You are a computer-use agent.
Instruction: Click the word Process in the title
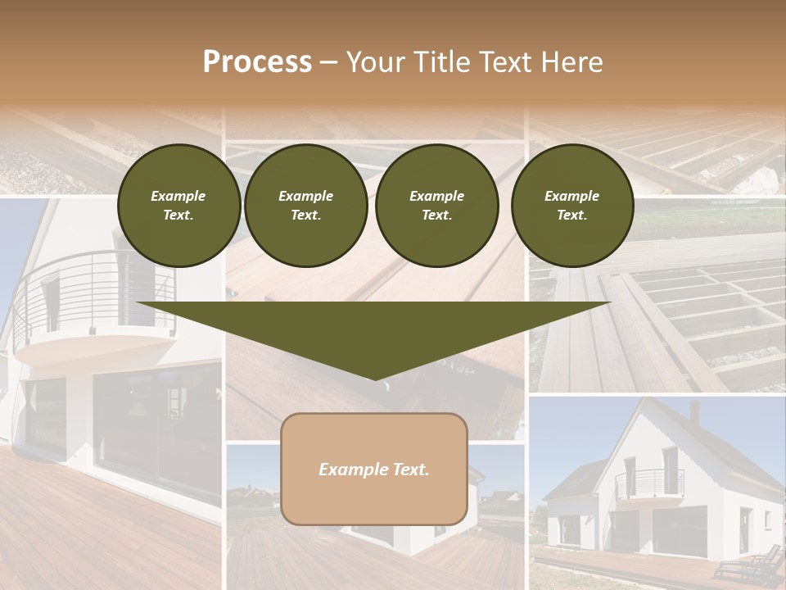(257, 61)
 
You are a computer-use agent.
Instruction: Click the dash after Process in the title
(328, 63)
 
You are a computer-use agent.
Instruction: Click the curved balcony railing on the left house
(90, 287)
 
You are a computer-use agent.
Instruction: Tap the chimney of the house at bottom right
(693, 411)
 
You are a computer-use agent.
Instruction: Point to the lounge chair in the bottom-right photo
(747, 565)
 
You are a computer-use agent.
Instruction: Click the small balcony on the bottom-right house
(649, 483)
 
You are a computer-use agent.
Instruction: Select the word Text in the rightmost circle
(571, 216)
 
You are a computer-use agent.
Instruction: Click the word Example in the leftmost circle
(178, 196)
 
